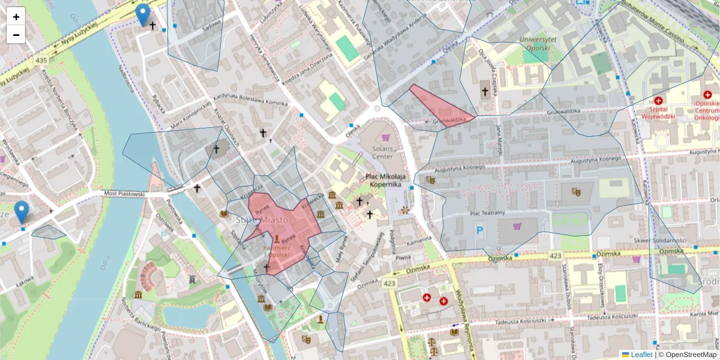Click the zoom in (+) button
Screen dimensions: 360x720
click(16, 17)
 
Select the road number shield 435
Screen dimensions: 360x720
click(41, 61)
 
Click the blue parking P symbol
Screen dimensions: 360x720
click(479, 230)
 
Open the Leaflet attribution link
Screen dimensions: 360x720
click(641, 355)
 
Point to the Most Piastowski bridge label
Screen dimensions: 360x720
click(124, 194)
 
